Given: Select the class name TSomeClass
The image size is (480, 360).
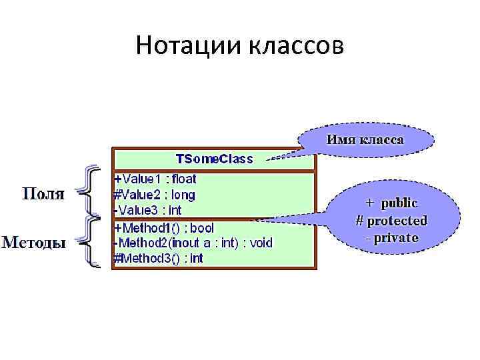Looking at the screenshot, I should (x=214, y=159).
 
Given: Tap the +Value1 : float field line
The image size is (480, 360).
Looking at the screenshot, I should (x=155, y=179).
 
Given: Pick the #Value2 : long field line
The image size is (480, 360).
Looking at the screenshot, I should (x=155, y=195).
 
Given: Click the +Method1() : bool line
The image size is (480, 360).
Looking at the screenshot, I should (x=164, y=228).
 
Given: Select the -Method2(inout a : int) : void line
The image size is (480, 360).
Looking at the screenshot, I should (x=193, y=243).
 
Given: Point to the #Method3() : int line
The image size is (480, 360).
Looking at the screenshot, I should (x=159, y=259).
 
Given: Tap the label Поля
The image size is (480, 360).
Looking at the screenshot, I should (x=44, y=194).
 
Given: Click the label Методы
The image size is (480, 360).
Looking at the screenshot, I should (x=34, y=242).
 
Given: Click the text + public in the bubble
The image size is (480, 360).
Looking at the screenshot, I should (x=391, y=203).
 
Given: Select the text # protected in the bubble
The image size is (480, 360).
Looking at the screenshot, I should (x=391, y=220).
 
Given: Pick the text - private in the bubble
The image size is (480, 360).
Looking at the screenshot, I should (x=392, y=237).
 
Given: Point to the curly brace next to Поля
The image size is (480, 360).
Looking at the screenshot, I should (x=91, y=193).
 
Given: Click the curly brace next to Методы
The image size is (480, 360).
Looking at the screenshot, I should (x=91, y=242).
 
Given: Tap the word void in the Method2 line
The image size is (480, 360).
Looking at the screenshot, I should (x=261, y=243).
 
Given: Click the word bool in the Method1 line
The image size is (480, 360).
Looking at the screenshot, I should (x=201, y=228).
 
